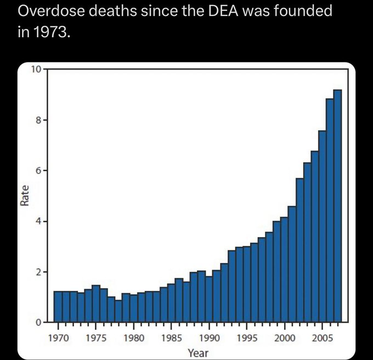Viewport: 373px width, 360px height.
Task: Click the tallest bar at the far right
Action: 337,206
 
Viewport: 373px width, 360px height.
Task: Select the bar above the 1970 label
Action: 58,307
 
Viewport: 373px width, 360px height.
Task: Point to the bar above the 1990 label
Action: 209,299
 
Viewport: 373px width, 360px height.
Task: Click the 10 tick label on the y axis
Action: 36,69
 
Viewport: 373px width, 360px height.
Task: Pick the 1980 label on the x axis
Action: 133,338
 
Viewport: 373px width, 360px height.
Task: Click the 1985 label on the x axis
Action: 171,338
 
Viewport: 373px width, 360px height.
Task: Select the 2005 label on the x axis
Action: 322,338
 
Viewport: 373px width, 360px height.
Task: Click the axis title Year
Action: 197,353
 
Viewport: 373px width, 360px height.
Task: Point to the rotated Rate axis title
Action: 25,196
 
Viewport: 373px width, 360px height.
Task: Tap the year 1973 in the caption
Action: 52,32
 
